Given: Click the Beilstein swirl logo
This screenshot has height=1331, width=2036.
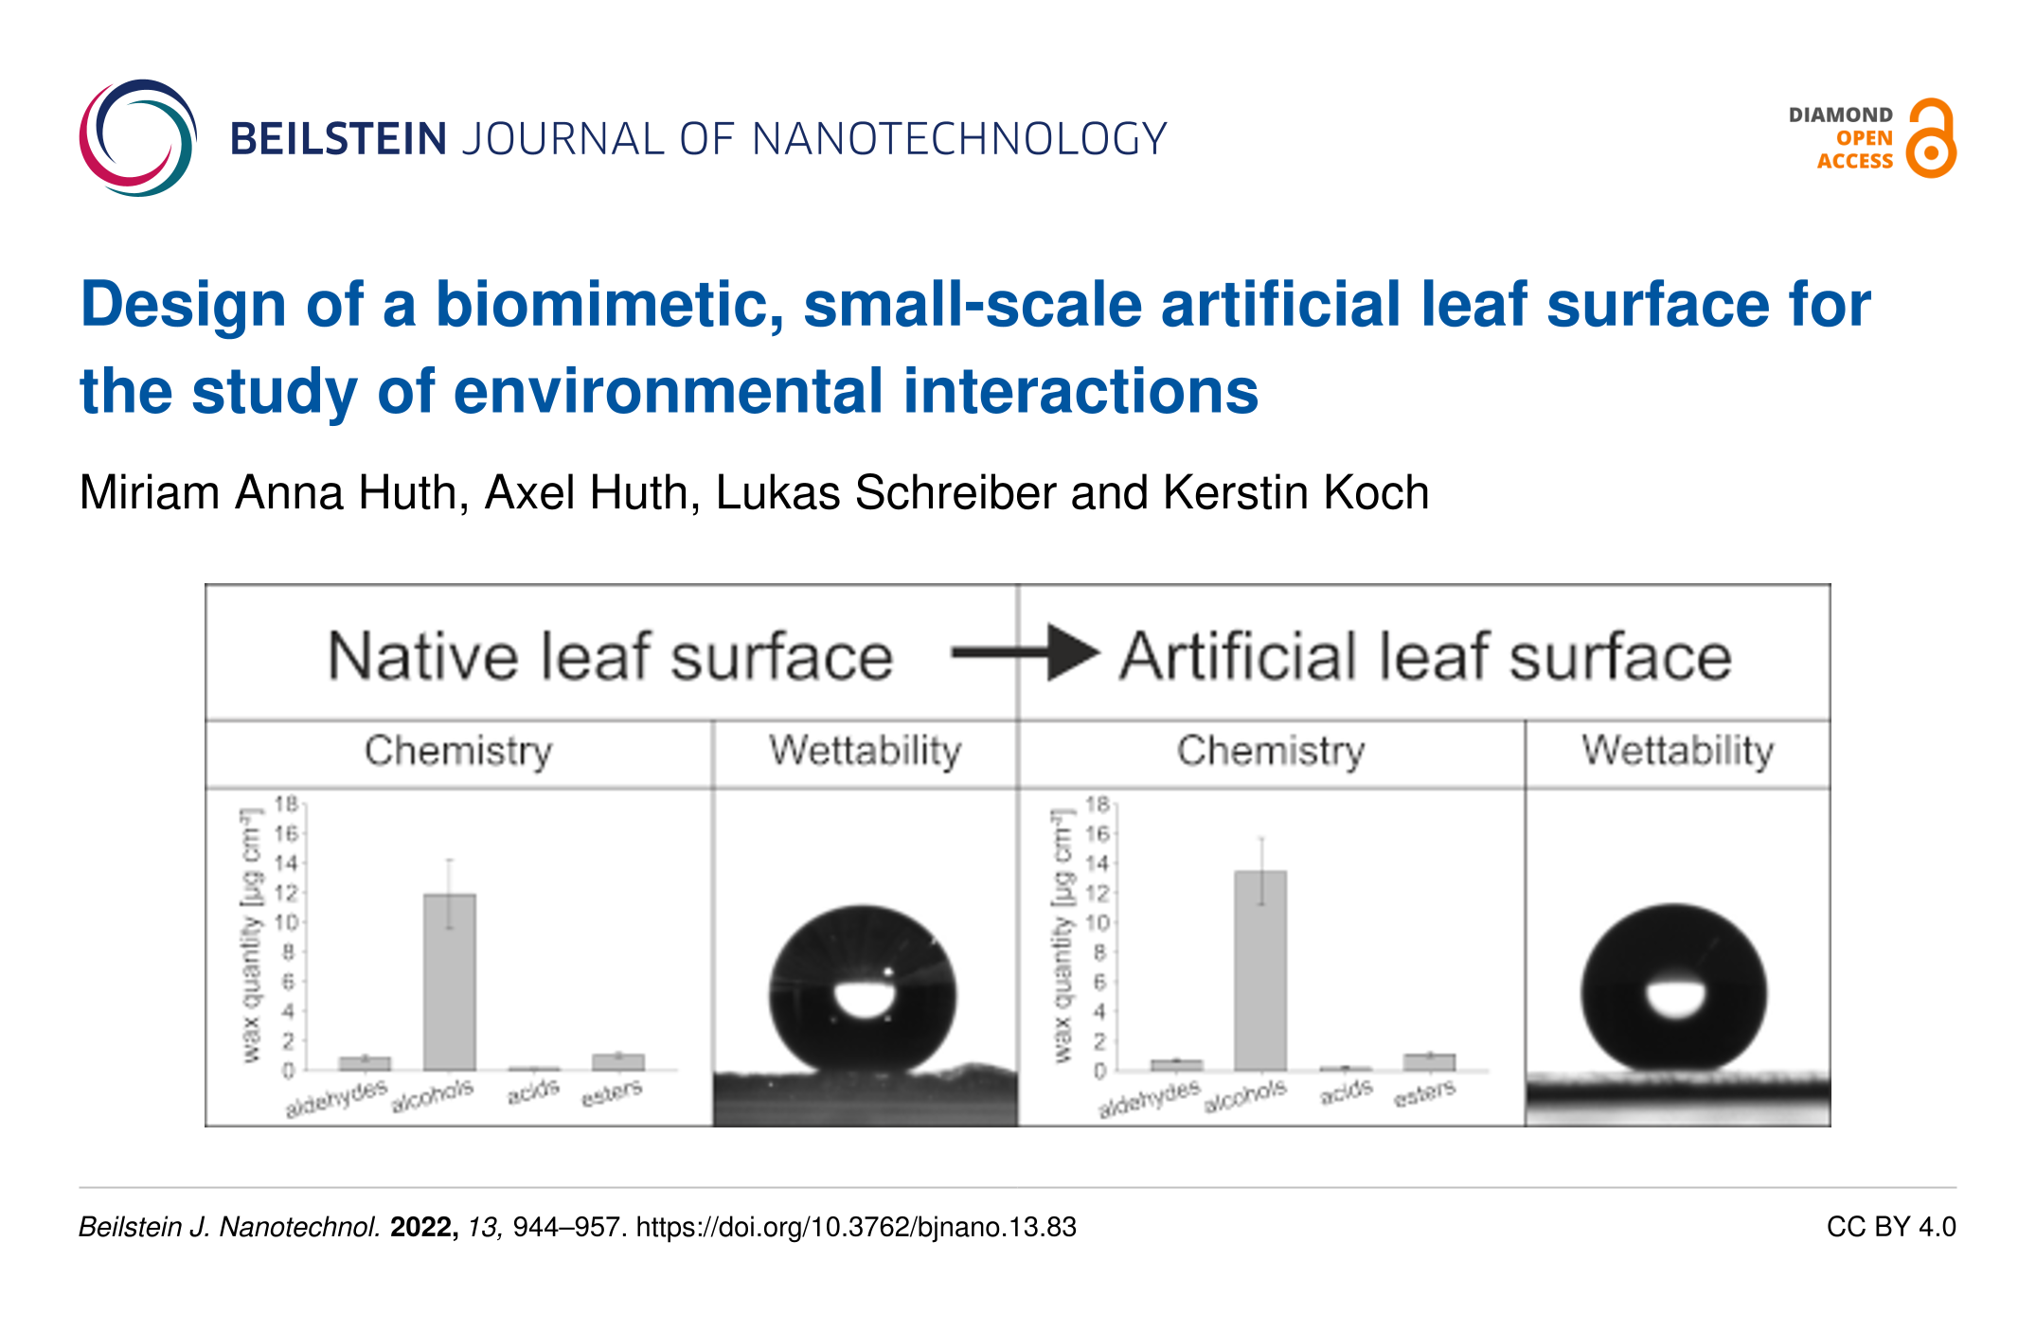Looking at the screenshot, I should coord(138,138).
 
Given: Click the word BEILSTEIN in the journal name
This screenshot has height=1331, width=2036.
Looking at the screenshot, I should coord(338,139).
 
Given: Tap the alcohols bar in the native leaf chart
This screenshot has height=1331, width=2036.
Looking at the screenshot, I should coord(450,982).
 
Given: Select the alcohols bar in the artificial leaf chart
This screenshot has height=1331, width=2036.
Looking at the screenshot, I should coord(1260,970).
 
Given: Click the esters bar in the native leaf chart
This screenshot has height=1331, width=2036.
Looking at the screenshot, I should coord(618,1062).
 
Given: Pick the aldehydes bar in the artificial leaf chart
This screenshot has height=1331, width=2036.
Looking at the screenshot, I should coord(1176,1065).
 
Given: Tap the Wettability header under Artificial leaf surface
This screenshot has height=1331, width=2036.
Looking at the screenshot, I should coord(1677,752).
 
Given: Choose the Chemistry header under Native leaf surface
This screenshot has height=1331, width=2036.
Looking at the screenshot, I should coord(458,752).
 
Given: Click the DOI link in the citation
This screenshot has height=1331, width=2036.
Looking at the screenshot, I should coord(856,1228).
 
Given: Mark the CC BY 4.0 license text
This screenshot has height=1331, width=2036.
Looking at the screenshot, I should coord(1890,1228).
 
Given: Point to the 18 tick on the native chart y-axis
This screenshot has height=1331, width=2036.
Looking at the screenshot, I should coord(285,805).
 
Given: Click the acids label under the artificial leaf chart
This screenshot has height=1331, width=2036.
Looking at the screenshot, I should coord(1346,1092).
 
